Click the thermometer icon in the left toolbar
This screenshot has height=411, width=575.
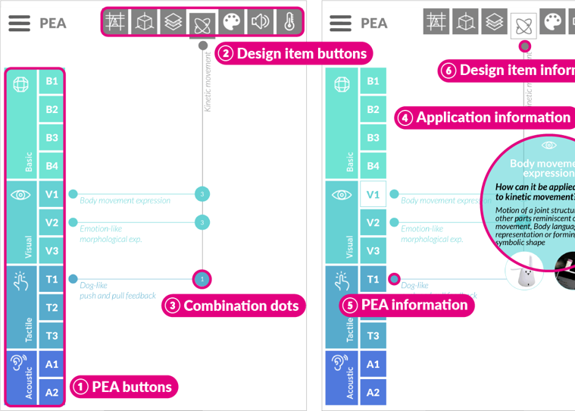click(289, 22)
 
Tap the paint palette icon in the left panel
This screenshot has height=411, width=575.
click(231, 22)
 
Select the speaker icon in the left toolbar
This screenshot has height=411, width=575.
click(260, 22)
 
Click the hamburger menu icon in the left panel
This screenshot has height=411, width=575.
click(19, 23)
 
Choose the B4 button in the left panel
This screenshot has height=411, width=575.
click(52, 165)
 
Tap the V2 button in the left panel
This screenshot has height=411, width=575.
click(52, 222)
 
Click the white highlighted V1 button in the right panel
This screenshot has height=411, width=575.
click(373, 194)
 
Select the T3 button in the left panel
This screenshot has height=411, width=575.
click(52, 335)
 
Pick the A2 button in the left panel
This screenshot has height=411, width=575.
click(52, 392)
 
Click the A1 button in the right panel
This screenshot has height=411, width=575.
click(373, 364)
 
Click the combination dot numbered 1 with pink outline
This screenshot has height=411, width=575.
click(202, 279)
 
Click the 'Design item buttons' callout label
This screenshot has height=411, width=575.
click(293, 53)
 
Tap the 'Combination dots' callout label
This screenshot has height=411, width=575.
click(233, 306)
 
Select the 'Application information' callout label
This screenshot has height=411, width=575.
click(485, 118)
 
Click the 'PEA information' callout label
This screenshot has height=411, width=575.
click(407, 305)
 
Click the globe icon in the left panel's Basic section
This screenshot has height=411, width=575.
click(21, 83)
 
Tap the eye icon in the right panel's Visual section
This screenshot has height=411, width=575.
click(342, 195)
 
